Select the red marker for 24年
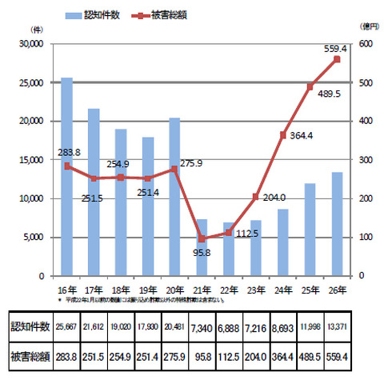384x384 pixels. [x=282, y=135]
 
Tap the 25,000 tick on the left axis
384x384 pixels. [x=32, y=82]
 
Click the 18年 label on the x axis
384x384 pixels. [x=120, y=290]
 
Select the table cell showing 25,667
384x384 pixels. [x=66, y=327]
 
